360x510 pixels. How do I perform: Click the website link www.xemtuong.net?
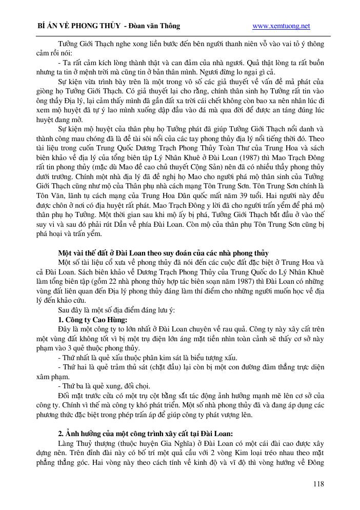[282, 26]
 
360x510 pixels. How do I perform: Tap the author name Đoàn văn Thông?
[156, 26]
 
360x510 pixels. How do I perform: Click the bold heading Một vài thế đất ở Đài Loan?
[163, 253]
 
